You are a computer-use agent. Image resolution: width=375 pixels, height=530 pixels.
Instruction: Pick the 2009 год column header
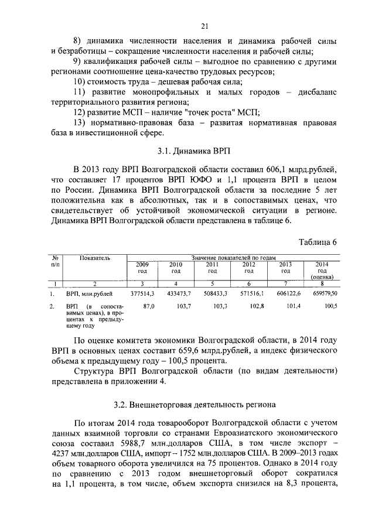pyautogui.click(x=142, y=268)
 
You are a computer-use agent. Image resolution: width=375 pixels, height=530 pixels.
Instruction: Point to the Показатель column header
pyautogui.click(x=94, y=258)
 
